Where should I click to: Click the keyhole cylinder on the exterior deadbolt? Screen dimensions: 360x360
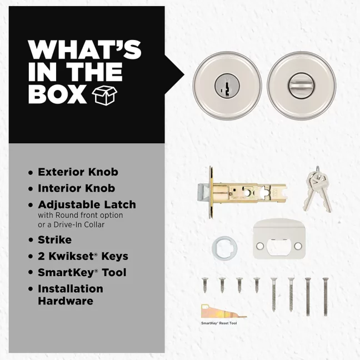(x=227, y=86)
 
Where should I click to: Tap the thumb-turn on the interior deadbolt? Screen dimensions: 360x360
(x=302, y=85)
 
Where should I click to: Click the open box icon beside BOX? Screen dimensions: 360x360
(x=104, y=96)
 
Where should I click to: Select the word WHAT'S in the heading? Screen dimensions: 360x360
(x=84, y=50)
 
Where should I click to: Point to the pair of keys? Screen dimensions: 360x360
(x=318, y=189)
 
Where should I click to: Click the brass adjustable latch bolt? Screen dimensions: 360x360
(x=243, y=192)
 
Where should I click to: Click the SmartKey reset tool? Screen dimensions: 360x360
(x=223, y=311)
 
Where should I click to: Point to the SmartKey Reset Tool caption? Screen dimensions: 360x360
(x=219, y=323)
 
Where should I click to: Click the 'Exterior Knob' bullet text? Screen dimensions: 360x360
(x=78, y=172)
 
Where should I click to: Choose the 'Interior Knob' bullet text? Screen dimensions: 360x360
(x=77, y=188)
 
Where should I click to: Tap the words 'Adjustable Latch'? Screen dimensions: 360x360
(x=87, y=205)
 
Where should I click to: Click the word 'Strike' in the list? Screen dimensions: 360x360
(x=54, y=240)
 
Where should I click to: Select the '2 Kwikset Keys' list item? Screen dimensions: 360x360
(x=83, y=256)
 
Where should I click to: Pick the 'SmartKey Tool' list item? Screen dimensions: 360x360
(x=82, y=273)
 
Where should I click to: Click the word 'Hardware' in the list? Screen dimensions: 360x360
(x=66, y=301)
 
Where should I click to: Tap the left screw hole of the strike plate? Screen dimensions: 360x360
(x=260, y=246)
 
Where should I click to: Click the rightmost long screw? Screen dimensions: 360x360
(x=326, y=297)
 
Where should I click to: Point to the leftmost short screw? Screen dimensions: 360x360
(x=205, y=285)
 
